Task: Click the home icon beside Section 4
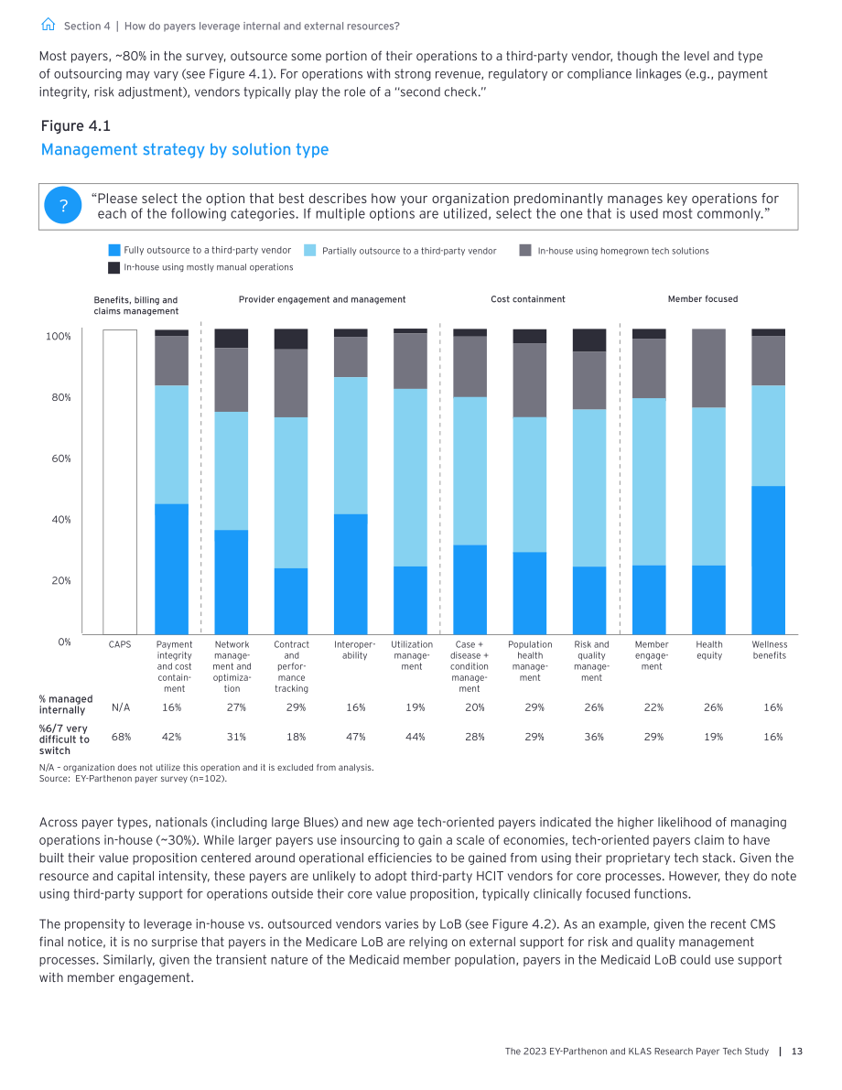[x=48, y=25]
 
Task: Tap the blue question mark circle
[x=62, y=206]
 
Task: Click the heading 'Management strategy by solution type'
[x=185, y=149]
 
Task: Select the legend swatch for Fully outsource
[x=114, y=250]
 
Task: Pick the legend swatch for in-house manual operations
[x=114, y=267]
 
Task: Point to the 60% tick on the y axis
[x=61, y=459]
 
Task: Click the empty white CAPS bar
[x=120, y=481]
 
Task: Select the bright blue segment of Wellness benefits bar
[x=768, y=560]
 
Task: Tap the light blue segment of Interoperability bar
[x=351, y=446]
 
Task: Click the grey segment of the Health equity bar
[x=708, y=369]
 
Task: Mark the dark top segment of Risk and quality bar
[x=589, y=340]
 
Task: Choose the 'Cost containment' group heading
[x=528, y=299]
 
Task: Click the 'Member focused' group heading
[x=703, y=299]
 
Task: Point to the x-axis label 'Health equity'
[x=709, y=650]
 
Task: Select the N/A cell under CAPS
[x=121, y=707]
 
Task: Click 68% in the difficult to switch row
[x=121, y=737]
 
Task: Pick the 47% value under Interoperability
[x=356, y=737]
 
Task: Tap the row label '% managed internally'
[x=66, y=704]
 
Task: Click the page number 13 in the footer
[x=797, y=1051]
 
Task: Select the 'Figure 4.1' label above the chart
[x=76, y=125]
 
